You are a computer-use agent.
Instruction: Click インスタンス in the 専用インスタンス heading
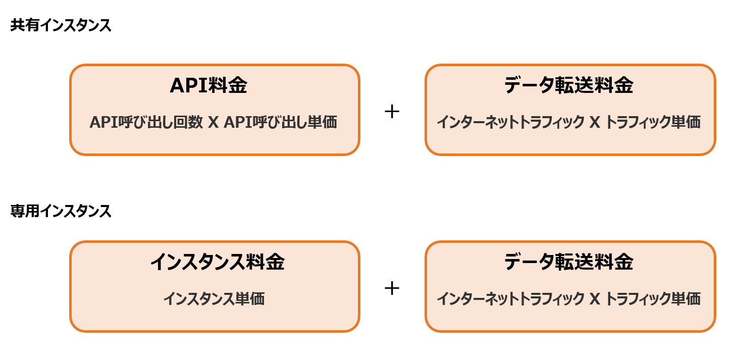coord(76,211)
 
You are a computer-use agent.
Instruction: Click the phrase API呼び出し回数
coord(146,123)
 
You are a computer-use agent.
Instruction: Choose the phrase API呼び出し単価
coord(280,123)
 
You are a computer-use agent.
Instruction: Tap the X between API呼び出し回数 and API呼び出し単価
coord(213,123)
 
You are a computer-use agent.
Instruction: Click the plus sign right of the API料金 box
coord(392,112)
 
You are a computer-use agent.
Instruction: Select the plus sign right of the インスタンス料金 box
coord(392,288)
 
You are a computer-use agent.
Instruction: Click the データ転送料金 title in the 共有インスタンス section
coord(569,86)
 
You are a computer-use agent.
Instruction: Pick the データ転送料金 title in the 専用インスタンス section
coord(569,262)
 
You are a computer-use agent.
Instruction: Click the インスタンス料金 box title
coord(217,262)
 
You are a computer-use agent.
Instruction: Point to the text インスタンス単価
coord(214,299)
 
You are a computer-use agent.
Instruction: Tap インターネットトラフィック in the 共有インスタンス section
coord(510,123)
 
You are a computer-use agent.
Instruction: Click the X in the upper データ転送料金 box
coord(594,123)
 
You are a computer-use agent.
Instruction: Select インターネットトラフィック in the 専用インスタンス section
coord(510,299)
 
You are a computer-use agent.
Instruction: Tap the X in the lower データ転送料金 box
coord(594,299)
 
